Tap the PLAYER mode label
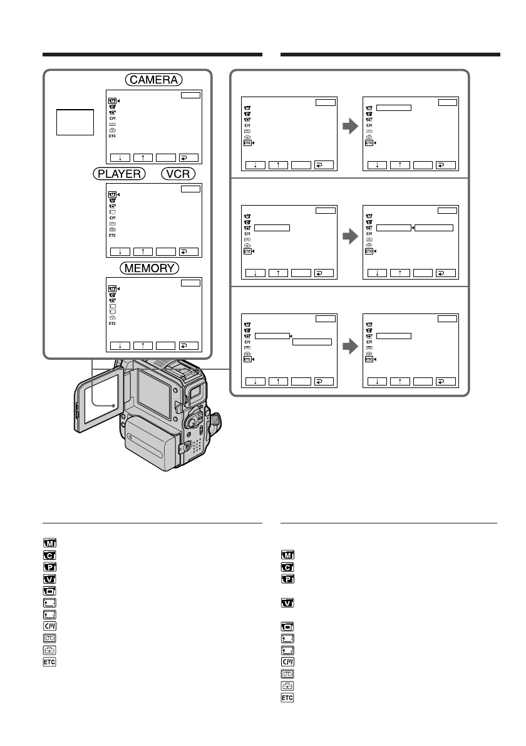pyautogui.click(x=119, y=173)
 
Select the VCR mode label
pyautogui.click(x=178, y=173)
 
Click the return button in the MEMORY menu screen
pyautogui.click(x=188, y=345)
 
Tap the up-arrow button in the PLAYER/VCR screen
pyautogui.click(x=143, y=251)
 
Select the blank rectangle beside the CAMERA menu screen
pyautogui.click(x=75, y=121)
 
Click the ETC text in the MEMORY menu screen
pyautogui.click(x=112, y=323)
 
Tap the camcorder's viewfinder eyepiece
pyautogui.click(x=195, y=393)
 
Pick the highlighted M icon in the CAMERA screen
pyautogui.click(x=112, y=101)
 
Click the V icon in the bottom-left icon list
pyautogui.click(x=49, y=579)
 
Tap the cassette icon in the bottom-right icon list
pyautogui.click(x=287, y=673)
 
